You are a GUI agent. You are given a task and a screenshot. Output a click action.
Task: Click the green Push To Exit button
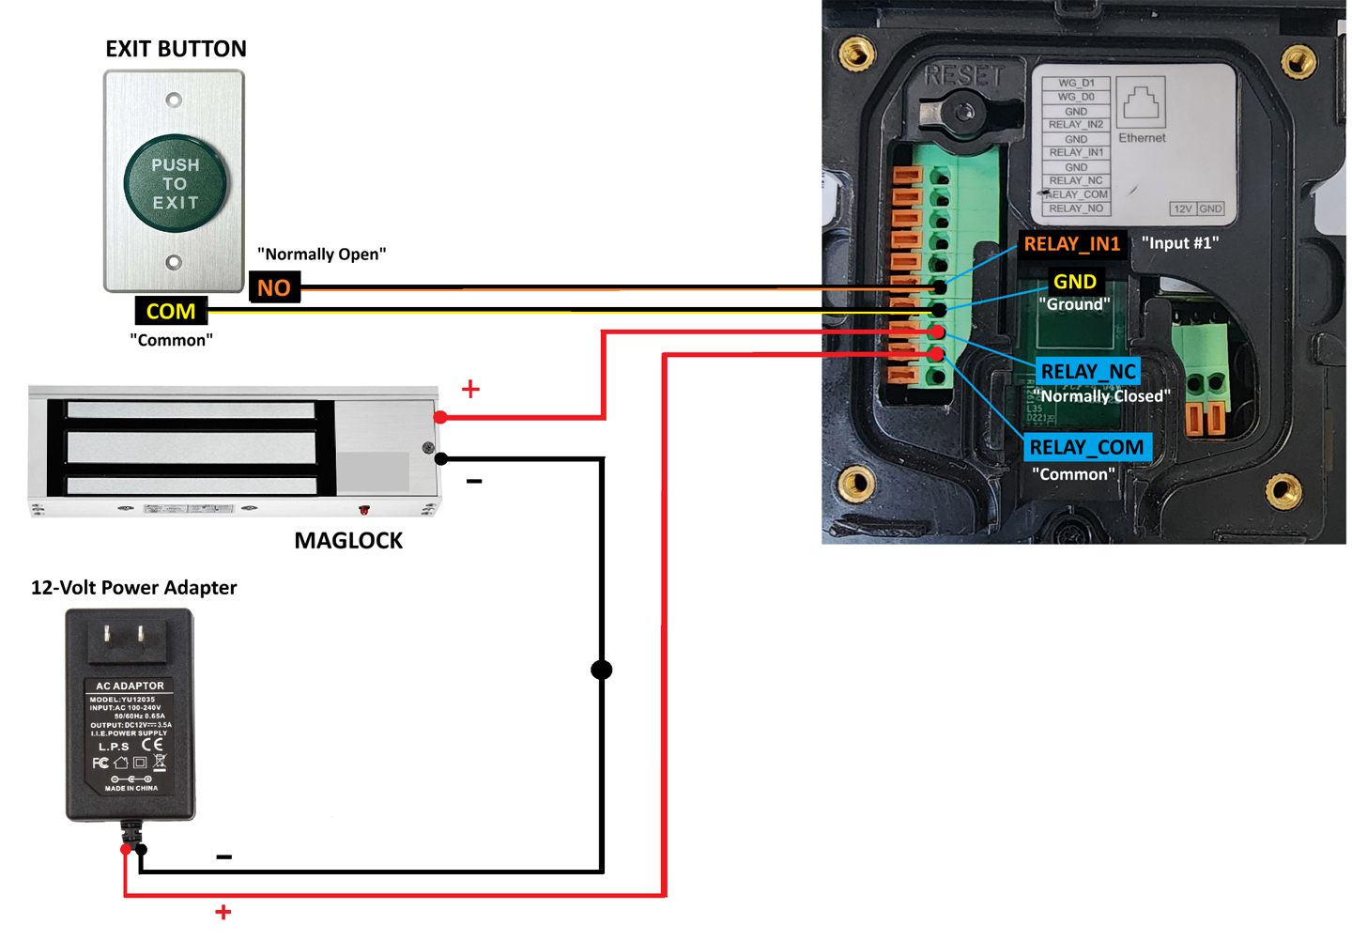(x=176, y=183)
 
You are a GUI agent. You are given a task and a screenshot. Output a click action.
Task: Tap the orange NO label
(x=274, y=287)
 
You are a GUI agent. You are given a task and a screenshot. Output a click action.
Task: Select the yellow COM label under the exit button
(x=170, y=311)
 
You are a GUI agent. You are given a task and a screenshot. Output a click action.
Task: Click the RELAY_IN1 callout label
(x=1071, y=244)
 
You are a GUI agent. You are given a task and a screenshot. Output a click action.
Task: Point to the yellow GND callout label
(x=1074, y=282)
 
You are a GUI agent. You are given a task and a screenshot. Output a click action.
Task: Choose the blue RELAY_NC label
(x=1088, y=372)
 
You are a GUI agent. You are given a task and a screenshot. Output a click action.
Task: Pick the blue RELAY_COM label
(x=1086, y=448)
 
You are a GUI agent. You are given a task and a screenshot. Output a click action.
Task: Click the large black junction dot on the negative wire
(x=602, y=670)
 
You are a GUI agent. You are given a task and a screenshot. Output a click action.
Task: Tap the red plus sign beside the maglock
(x=470, y=389)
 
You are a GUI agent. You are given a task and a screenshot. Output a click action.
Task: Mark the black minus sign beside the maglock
(x=474, y=482)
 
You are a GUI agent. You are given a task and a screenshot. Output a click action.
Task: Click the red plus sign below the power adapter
(x=223, y=912)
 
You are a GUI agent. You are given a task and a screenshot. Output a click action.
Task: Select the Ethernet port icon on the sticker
(x=1142, y=102)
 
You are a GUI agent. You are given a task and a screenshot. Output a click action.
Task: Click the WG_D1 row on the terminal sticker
(x=1076, y=83)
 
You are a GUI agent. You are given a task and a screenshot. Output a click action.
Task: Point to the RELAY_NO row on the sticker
(x=1076, y=208)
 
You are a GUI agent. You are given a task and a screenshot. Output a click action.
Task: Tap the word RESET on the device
(x=963, y=75)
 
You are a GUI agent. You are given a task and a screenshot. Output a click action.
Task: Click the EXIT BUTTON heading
(x=176, y=49)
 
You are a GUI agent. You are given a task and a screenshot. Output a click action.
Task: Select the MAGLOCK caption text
(x=348, y=541)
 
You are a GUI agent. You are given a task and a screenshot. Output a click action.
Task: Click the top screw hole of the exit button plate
(x=174, y=100)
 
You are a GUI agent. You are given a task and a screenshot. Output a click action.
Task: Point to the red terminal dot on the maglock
(x=440, y=417)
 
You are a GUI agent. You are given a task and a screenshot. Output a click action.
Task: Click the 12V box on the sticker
(x=1182, y=208)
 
